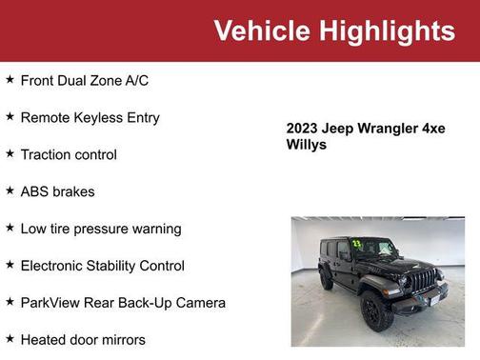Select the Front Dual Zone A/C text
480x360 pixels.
(x=84, y=80)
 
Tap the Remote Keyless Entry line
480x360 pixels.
(x=90, y=117)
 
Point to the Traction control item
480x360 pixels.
(x=69, y=154)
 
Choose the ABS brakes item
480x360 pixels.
(x=57, y=191)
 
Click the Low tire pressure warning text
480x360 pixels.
(x=100, y=229)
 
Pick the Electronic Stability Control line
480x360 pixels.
(x=102, y=266)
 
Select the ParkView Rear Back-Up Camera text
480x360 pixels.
(x=123, y=303)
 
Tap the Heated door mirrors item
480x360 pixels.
(x=84, y=339)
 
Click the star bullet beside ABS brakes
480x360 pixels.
(x=10, y=190)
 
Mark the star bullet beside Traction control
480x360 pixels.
(x=10, y=153)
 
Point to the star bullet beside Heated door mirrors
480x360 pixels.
(x=10, y=338)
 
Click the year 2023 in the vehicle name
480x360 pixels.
(x=304, y=129)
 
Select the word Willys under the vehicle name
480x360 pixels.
(x=306, y=145)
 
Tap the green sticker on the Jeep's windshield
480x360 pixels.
(x=357, y=244)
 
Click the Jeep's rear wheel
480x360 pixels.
(x=326, y=279)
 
